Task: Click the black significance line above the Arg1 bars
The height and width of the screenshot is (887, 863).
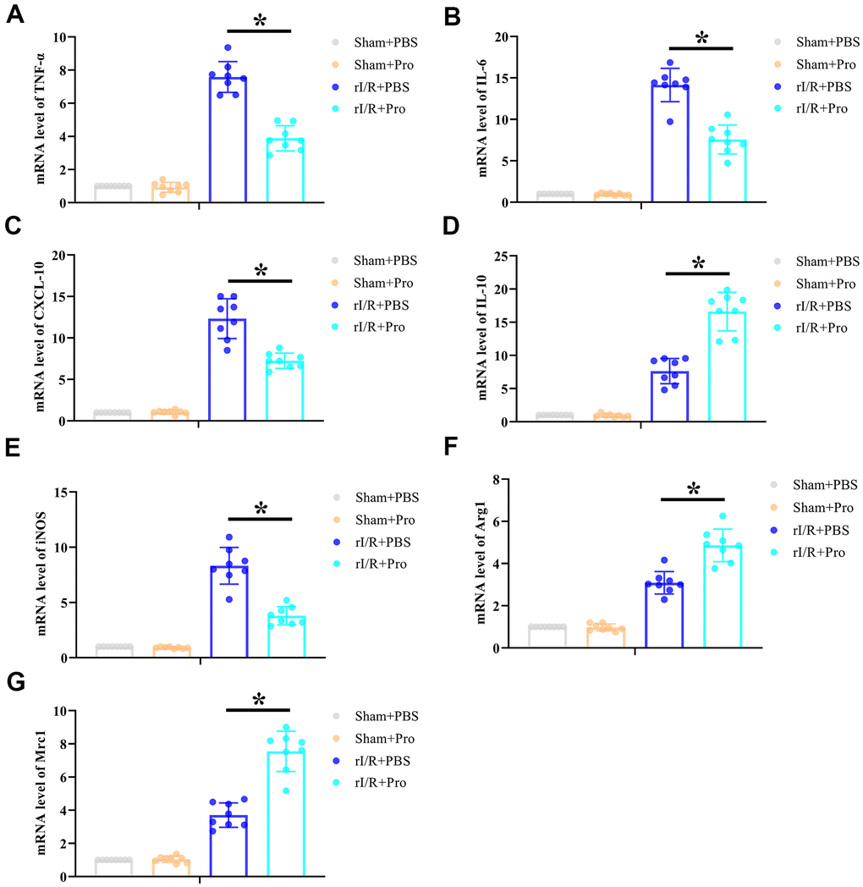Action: [693, 499]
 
